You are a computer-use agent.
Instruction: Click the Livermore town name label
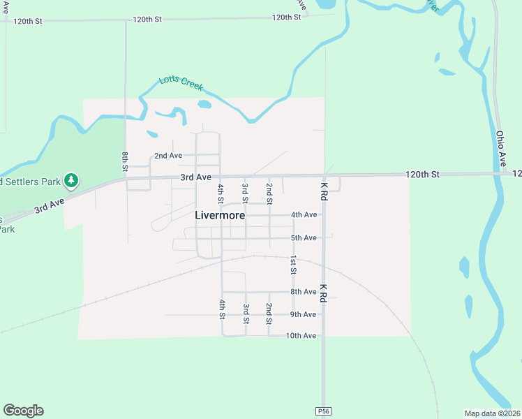[x=219, y=215]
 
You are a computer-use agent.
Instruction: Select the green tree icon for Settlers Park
[x=70, y=181]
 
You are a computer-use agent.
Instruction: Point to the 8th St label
[x=125, y=161]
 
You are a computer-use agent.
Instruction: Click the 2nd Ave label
[x=168, y=155]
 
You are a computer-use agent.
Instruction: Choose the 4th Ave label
[x=304, y=214]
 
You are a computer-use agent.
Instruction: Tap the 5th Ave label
[x=304, y=238]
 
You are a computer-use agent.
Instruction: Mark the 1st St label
[x=294, y=264]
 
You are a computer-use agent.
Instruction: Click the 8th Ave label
[x=304, y=292]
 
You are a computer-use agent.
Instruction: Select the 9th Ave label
[x=304, y=314]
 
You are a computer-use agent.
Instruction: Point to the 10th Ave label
[x=301, y=336]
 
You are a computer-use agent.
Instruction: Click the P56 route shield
[x=322, y=411]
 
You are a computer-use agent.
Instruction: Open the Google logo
[x=23, y=411]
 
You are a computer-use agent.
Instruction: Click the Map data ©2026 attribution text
[x=493, y=413]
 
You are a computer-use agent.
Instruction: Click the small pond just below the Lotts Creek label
[x=204, y=105]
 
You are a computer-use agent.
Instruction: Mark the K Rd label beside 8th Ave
[x=323, y=292]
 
